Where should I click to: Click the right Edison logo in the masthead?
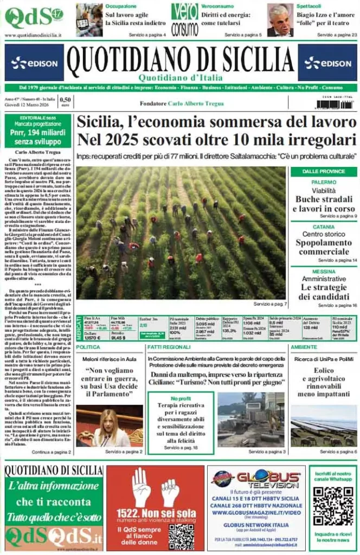click(x=327, y=63)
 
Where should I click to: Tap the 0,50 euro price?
click(x=65, y=101)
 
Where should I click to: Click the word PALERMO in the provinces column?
click(x=324, y=183)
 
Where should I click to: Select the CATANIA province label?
click(x=324, y=227)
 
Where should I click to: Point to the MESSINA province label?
click(x=324, y=270)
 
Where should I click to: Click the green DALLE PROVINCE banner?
click(x=324, y=171)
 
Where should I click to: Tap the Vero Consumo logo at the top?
click(x=185, y=20)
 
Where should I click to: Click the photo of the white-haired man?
click(x=280, y=20)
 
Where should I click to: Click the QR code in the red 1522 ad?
click(x=181, y=537)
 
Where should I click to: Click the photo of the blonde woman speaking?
click(x=109, y=426)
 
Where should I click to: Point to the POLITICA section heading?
click(x=88, y=346)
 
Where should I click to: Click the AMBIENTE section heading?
click(x=304, y=346)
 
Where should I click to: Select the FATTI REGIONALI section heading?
click(x=169, y=346)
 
